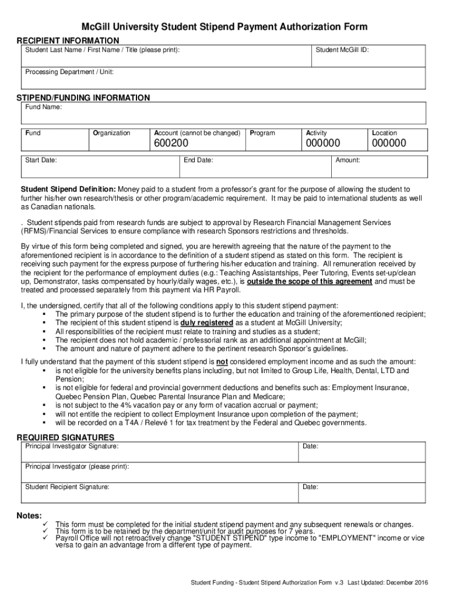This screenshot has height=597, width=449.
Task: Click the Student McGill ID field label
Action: pos(342,50)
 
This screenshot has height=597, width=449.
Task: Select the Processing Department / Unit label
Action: pos(69,72)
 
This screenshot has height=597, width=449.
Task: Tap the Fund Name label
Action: pos(43,107)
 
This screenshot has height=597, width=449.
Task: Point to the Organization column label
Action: pos(111,133)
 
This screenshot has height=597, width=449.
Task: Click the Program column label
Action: pos(262,133)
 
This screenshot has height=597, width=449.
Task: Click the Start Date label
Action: pos(41,160)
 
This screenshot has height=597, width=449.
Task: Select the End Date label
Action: pos(198,160)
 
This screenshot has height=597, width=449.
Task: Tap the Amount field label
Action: pos(348,160)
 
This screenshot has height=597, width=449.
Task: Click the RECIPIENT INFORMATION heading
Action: pos(68,40)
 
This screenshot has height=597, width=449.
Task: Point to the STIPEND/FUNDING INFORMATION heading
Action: pos(83,97)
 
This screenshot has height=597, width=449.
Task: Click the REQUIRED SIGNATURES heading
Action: pos(65,437)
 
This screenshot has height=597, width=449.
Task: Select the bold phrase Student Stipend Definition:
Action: pos(69,189)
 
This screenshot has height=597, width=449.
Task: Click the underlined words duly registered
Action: pos(207,323)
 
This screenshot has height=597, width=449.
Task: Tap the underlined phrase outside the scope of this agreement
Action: pos(310,281)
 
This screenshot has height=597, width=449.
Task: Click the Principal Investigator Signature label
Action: pos(72,446)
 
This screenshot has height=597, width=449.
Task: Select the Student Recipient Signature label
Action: pos(67,486)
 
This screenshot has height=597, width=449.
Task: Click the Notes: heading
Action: pos(29,516)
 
